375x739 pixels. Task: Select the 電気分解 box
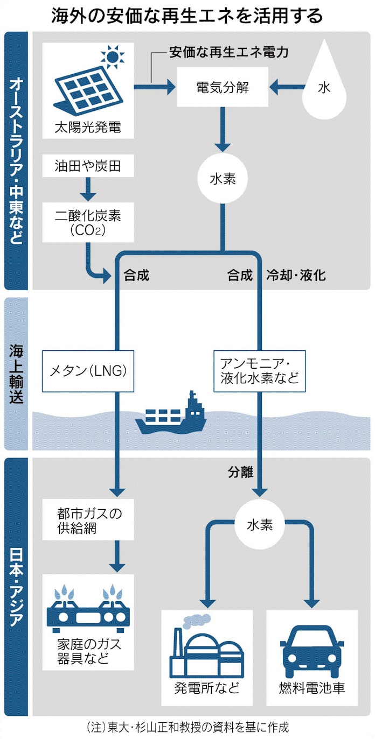coord(223,88)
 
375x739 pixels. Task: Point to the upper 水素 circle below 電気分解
coord(223,180)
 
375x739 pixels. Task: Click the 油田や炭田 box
coord(87,166)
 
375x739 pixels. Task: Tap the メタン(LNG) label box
coord(88,371)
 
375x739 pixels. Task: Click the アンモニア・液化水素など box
coord(259,371)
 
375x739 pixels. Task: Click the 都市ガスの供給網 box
coord(88,520)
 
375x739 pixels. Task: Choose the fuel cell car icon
coord(311,652)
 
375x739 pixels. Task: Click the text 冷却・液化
coord(296,276)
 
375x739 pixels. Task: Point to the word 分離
coord(240,472)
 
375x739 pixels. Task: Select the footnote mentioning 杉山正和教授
coord(187,728)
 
